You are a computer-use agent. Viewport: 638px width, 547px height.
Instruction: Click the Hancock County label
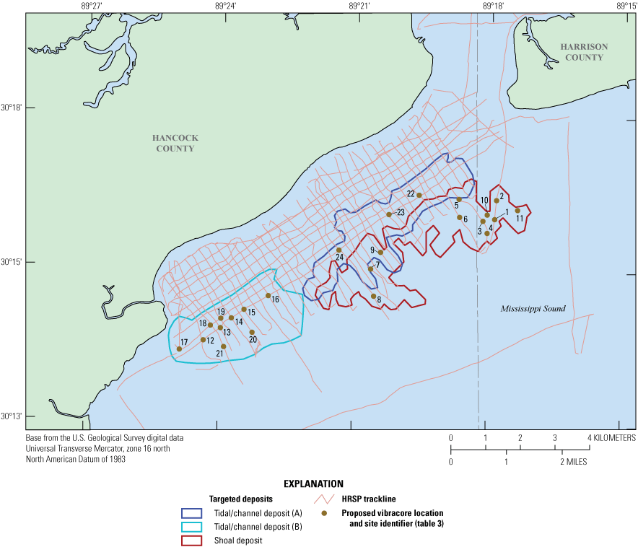coord(175,143)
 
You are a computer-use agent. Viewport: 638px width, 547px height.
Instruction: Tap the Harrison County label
coord(584,52)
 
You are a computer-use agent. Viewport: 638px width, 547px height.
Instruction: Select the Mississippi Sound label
coord(533,309)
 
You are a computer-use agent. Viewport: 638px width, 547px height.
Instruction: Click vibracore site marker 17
coord(179,349)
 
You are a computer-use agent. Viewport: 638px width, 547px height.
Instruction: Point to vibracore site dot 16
coord(268,295)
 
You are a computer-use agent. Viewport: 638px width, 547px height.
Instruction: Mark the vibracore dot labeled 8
coord(373,296)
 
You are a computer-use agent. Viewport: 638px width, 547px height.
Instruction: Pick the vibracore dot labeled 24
coord(339,250)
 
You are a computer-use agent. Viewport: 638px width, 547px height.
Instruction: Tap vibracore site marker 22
coord(419,195)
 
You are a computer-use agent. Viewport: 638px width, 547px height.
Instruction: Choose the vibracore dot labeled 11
coord(517,211)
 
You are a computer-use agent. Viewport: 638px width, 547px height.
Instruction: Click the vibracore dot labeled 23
coord(389,214)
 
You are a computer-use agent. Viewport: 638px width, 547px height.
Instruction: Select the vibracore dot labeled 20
coord(252,332)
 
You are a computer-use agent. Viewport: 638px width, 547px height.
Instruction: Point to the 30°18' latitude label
coord(12,108)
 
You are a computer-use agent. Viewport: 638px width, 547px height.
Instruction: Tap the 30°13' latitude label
coord(12,416)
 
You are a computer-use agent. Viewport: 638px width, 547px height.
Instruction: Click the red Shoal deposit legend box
coord(192,541)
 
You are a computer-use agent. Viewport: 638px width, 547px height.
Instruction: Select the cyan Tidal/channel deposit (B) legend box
coord(192,527)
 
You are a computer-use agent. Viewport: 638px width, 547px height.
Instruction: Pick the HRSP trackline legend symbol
coord(324,499)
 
